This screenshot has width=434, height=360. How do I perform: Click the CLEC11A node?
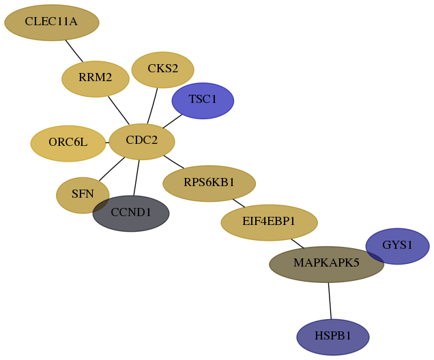(52, 22)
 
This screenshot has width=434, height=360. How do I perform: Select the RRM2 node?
(96, 79)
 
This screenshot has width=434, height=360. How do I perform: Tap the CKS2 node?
(162, 70)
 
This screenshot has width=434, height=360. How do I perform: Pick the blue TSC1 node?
(203, 101)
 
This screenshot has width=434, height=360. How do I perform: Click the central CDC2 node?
(142, 142)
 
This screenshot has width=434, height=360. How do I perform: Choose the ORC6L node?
(68, 143)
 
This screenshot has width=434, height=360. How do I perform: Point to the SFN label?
(83, 194)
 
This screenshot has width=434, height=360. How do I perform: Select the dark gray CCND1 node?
(131, 213)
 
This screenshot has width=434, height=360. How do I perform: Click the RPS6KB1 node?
(209, 183)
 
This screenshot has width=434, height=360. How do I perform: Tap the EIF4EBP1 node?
(269, 222)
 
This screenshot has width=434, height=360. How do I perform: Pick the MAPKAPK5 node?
(327, 265)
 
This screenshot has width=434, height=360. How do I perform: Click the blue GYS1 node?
(397, 246)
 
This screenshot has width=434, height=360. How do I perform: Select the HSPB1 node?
(333, 337)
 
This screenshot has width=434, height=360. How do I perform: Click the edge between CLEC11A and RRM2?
(74, 51)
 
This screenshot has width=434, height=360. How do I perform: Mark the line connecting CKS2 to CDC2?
(152, 106)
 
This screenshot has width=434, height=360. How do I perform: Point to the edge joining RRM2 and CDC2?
(119, 110)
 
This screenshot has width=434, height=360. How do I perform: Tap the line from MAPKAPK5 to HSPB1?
(330, 301)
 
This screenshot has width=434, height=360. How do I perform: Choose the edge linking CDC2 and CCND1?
(136, 178)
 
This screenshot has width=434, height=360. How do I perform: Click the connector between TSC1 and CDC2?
(173, 121)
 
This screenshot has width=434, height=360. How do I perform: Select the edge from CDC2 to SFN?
(112, 169)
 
